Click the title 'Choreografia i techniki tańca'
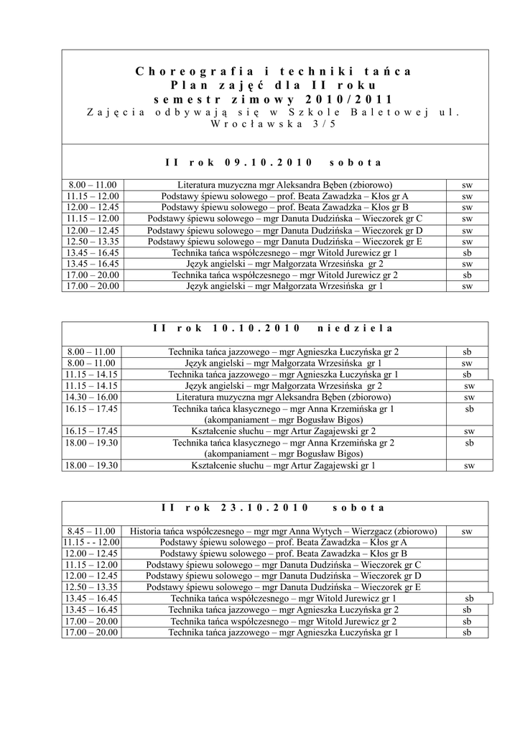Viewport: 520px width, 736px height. coord(274,71)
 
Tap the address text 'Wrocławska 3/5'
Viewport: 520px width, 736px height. coord(274,124)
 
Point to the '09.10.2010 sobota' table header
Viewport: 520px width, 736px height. coord(274,162)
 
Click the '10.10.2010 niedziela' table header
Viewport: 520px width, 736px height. coord(274,328)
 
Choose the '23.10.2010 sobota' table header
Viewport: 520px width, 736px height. coord(274,507)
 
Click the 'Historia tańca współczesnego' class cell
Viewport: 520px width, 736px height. coord(284,531)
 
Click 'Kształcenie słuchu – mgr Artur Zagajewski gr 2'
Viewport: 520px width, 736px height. coord(284,431)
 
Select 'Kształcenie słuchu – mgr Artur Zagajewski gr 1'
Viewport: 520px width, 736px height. coord(284,466)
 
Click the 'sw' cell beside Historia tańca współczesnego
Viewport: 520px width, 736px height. coord(467,531)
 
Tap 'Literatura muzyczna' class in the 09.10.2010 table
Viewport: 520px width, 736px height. coord(284,185)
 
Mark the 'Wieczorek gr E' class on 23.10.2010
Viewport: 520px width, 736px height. coord(284,586)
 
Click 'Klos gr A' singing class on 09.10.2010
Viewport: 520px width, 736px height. coord(284,195)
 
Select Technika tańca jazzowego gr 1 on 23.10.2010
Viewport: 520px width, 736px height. coord(284,632)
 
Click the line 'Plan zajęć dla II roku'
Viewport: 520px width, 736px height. coord(274,85)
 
